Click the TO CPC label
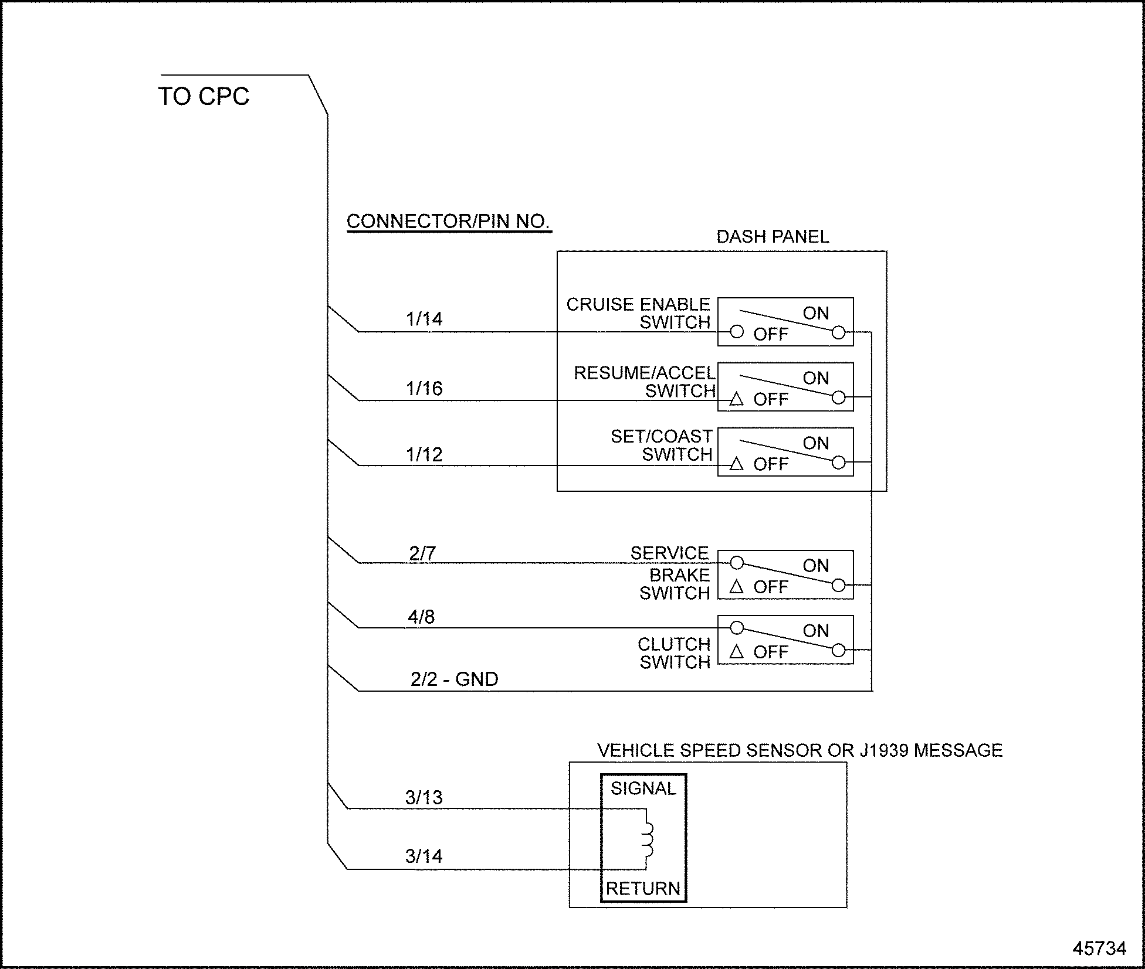tap(204, 97)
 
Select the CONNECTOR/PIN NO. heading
tap(448, 222)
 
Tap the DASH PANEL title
tap(773, 237)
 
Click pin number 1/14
tap(424, 319)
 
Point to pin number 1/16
tap(424, 389)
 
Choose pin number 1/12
tap(424, 455)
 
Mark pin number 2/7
tap(422, 553)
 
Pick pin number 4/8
tap(421, 617)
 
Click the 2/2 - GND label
tap(454, 679)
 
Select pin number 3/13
tap(424, 797)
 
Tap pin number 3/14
tap(424, 856)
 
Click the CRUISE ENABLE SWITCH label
tap(638, 314)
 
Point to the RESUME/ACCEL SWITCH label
tap(644, 382)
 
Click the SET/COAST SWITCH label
tap(662, 446)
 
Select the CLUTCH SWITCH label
tap(674, 653)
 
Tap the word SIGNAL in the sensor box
tap(643, 788)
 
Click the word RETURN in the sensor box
tap(643, 889)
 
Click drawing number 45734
tap(1099, 948)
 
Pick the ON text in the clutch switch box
tap(815, 631)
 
